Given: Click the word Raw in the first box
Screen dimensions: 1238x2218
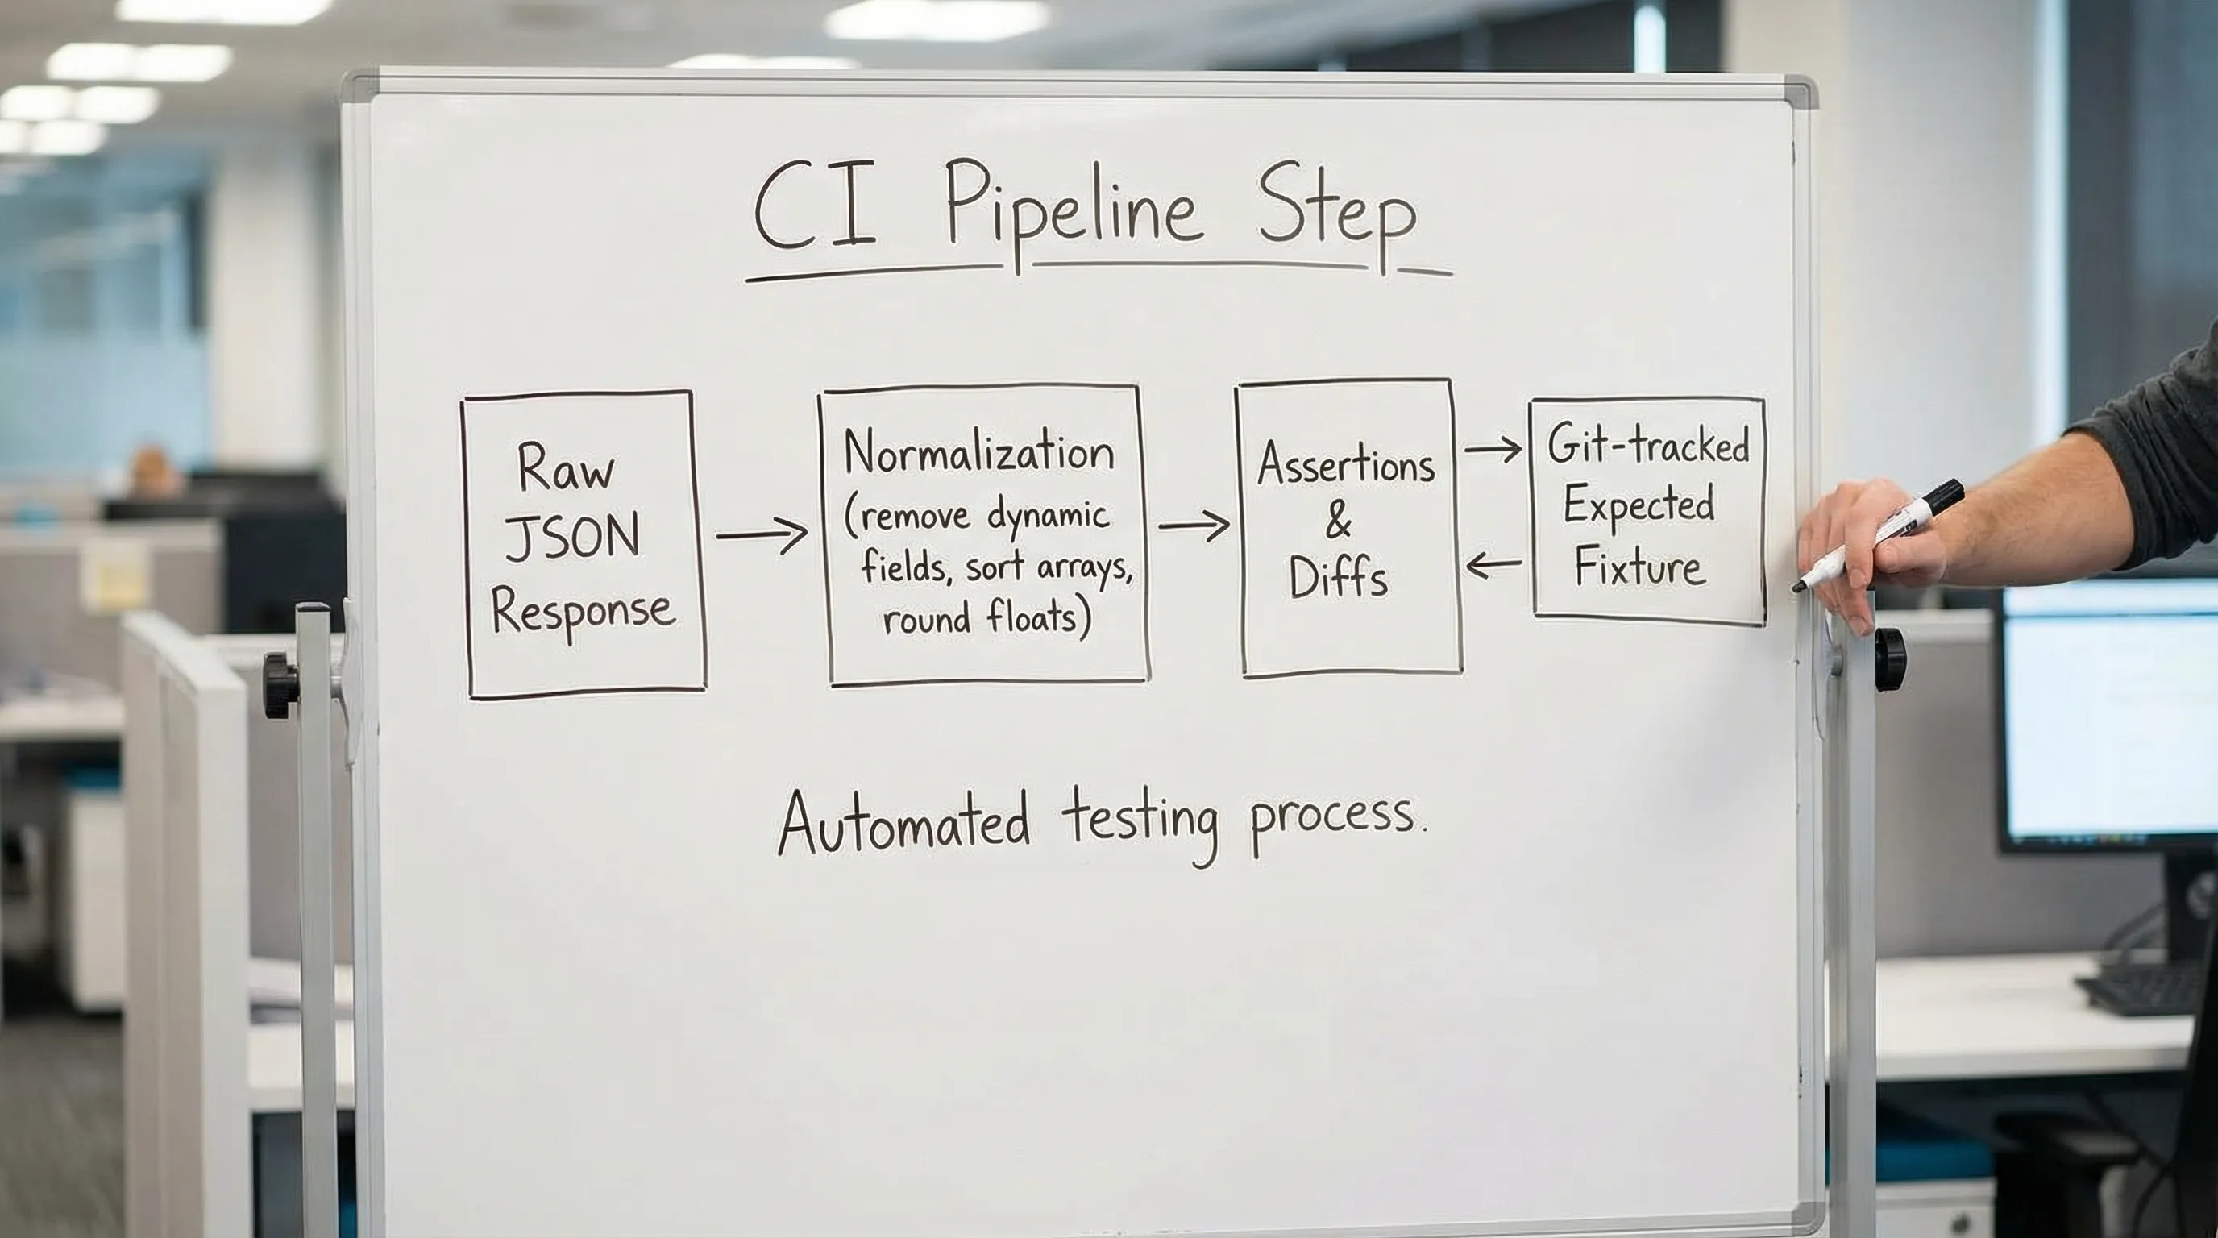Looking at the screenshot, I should [x=566, y=469].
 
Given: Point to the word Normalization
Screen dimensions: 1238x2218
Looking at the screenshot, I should [x=979, y=453].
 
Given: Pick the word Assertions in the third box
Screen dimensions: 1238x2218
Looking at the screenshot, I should [x=1345, y=465].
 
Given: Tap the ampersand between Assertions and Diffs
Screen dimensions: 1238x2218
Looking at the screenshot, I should [x=1338, y=521].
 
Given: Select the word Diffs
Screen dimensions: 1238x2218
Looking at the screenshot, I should [x=1338, y=577].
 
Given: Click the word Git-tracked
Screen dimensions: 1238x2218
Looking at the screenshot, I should [x=1647, y=446].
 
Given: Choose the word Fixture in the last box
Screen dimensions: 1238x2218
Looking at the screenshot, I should [x=1639, y=568].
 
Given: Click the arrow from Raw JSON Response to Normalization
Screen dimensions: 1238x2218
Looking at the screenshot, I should [x=761, y=534].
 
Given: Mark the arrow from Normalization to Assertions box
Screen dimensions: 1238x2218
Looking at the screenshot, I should [x=1193, y=525].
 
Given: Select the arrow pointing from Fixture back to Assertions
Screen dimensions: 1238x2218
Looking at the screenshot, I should [x=1494, y=566].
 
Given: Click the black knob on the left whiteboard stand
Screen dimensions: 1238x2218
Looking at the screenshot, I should [x=280, y=685].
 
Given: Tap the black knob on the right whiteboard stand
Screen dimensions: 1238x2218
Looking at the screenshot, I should [x=1891, y=658].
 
